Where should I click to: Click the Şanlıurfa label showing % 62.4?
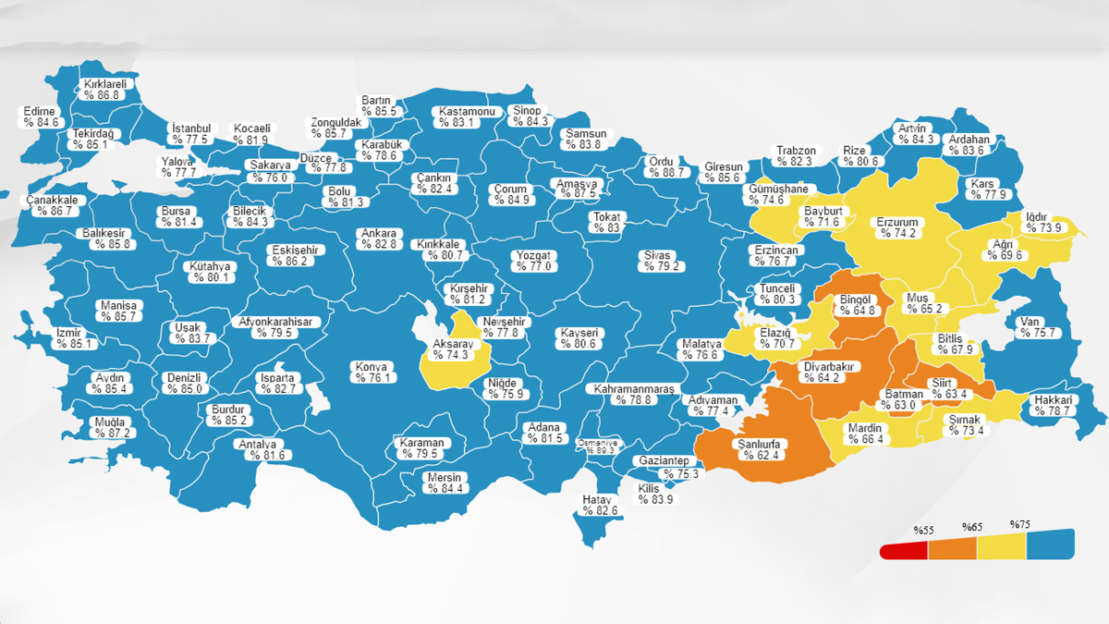coord(757,449)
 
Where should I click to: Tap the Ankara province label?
coord(379,239)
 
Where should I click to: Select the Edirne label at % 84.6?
coord(42,116)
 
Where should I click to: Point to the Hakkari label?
coord(1053,405)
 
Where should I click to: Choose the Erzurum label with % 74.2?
coord(896,227)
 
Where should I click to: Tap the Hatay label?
coord(597,505)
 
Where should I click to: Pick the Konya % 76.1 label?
coord(374,372)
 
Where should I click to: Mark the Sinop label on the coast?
coord(530,116)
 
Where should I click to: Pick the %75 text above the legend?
coord(1019,525)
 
